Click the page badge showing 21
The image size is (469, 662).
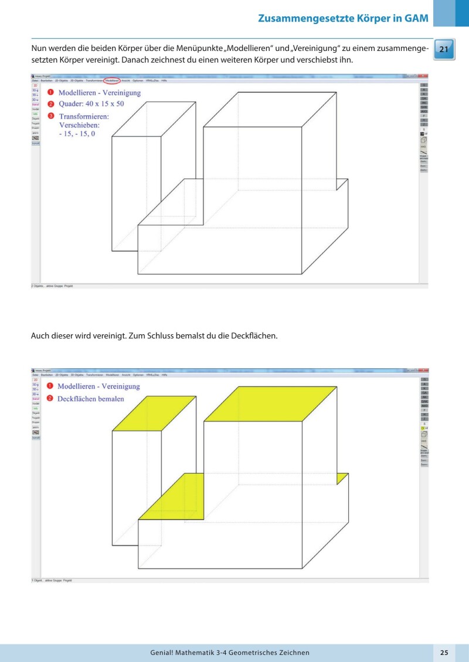(444, 50)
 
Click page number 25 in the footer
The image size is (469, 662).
(444, 653)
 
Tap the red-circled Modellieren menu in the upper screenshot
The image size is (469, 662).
(112, 80)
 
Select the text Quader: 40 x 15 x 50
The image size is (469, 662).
(99, 104)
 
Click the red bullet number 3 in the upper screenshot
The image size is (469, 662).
(51, 116)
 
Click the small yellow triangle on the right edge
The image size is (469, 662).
(341, 478)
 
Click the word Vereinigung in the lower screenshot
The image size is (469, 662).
(120, 386)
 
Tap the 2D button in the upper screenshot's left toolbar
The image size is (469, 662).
(35, 85)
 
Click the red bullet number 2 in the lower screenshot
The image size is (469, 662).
(51, 399)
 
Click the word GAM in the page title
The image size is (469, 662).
(417, 18)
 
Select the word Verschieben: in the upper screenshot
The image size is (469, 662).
(79, 125)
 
